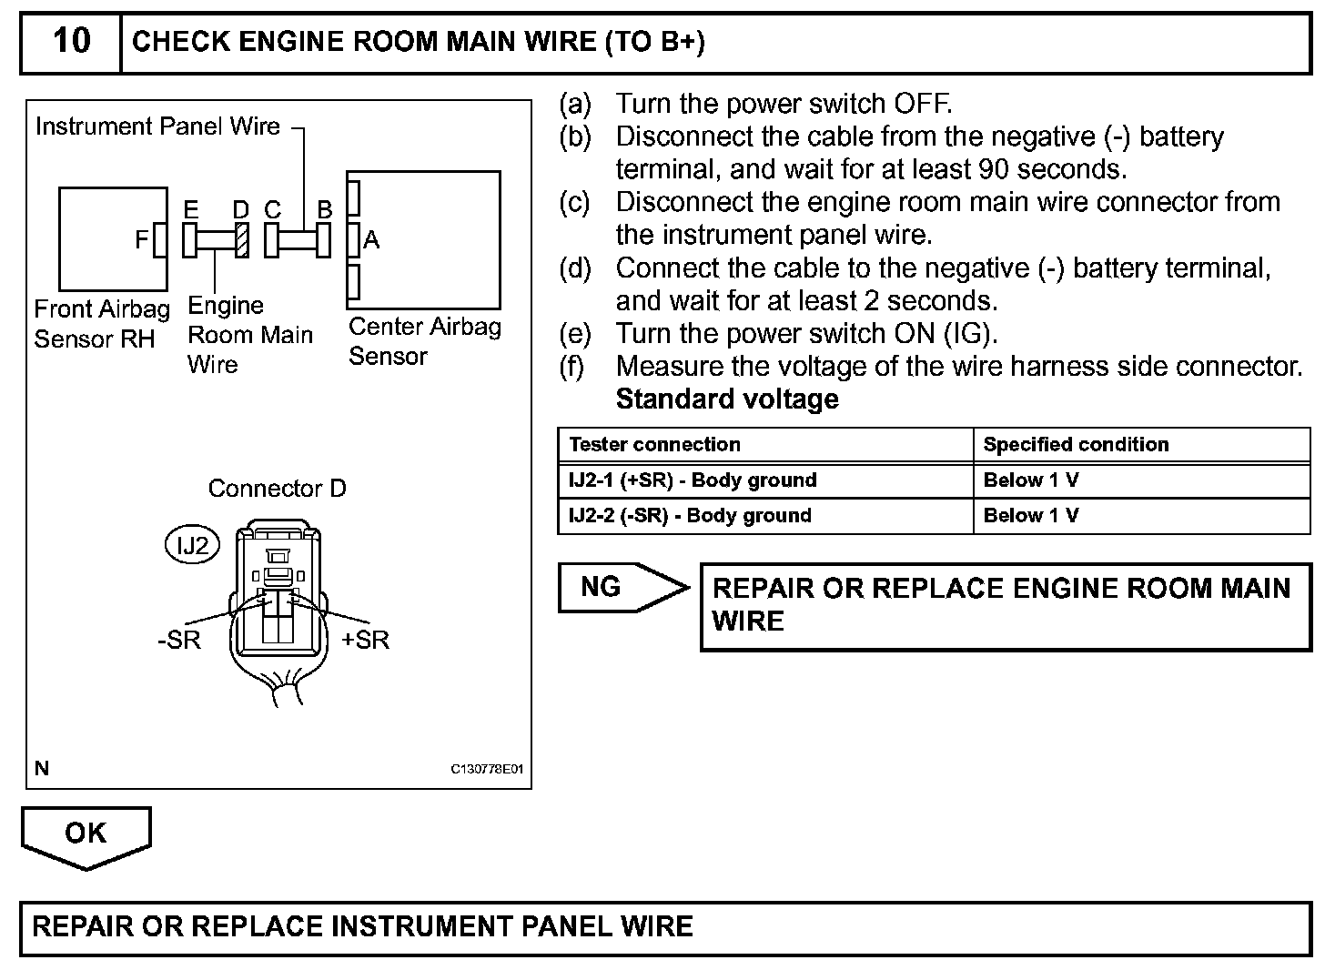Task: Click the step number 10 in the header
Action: [x=71, y=41]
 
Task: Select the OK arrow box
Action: [x=86, y=834]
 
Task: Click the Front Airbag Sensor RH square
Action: [x=113, y=238]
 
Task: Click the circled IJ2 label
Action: [x=192, y=545]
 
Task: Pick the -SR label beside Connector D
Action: [x=178, y=640]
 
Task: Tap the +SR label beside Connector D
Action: [x=365, y=640]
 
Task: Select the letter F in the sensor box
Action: [x=141, y=240]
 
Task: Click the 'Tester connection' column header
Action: [x=654, y=445]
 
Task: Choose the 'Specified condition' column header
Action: [x=1076, y=445]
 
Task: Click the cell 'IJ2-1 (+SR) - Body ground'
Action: [x=693, y=480]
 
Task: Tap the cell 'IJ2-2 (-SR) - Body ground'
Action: [x=690, y=516]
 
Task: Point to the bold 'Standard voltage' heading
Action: [x=727, y=399]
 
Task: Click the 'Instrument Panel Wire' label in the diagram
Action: [x=157, y=126]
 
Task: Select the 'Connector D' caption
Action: [x=277, y=489]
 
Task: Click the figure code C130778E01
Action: [x=487, y=769]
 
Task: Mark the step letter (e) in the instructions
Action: [x=574, y=334]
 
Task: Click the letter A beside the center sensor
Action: [x=371, y=240]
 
